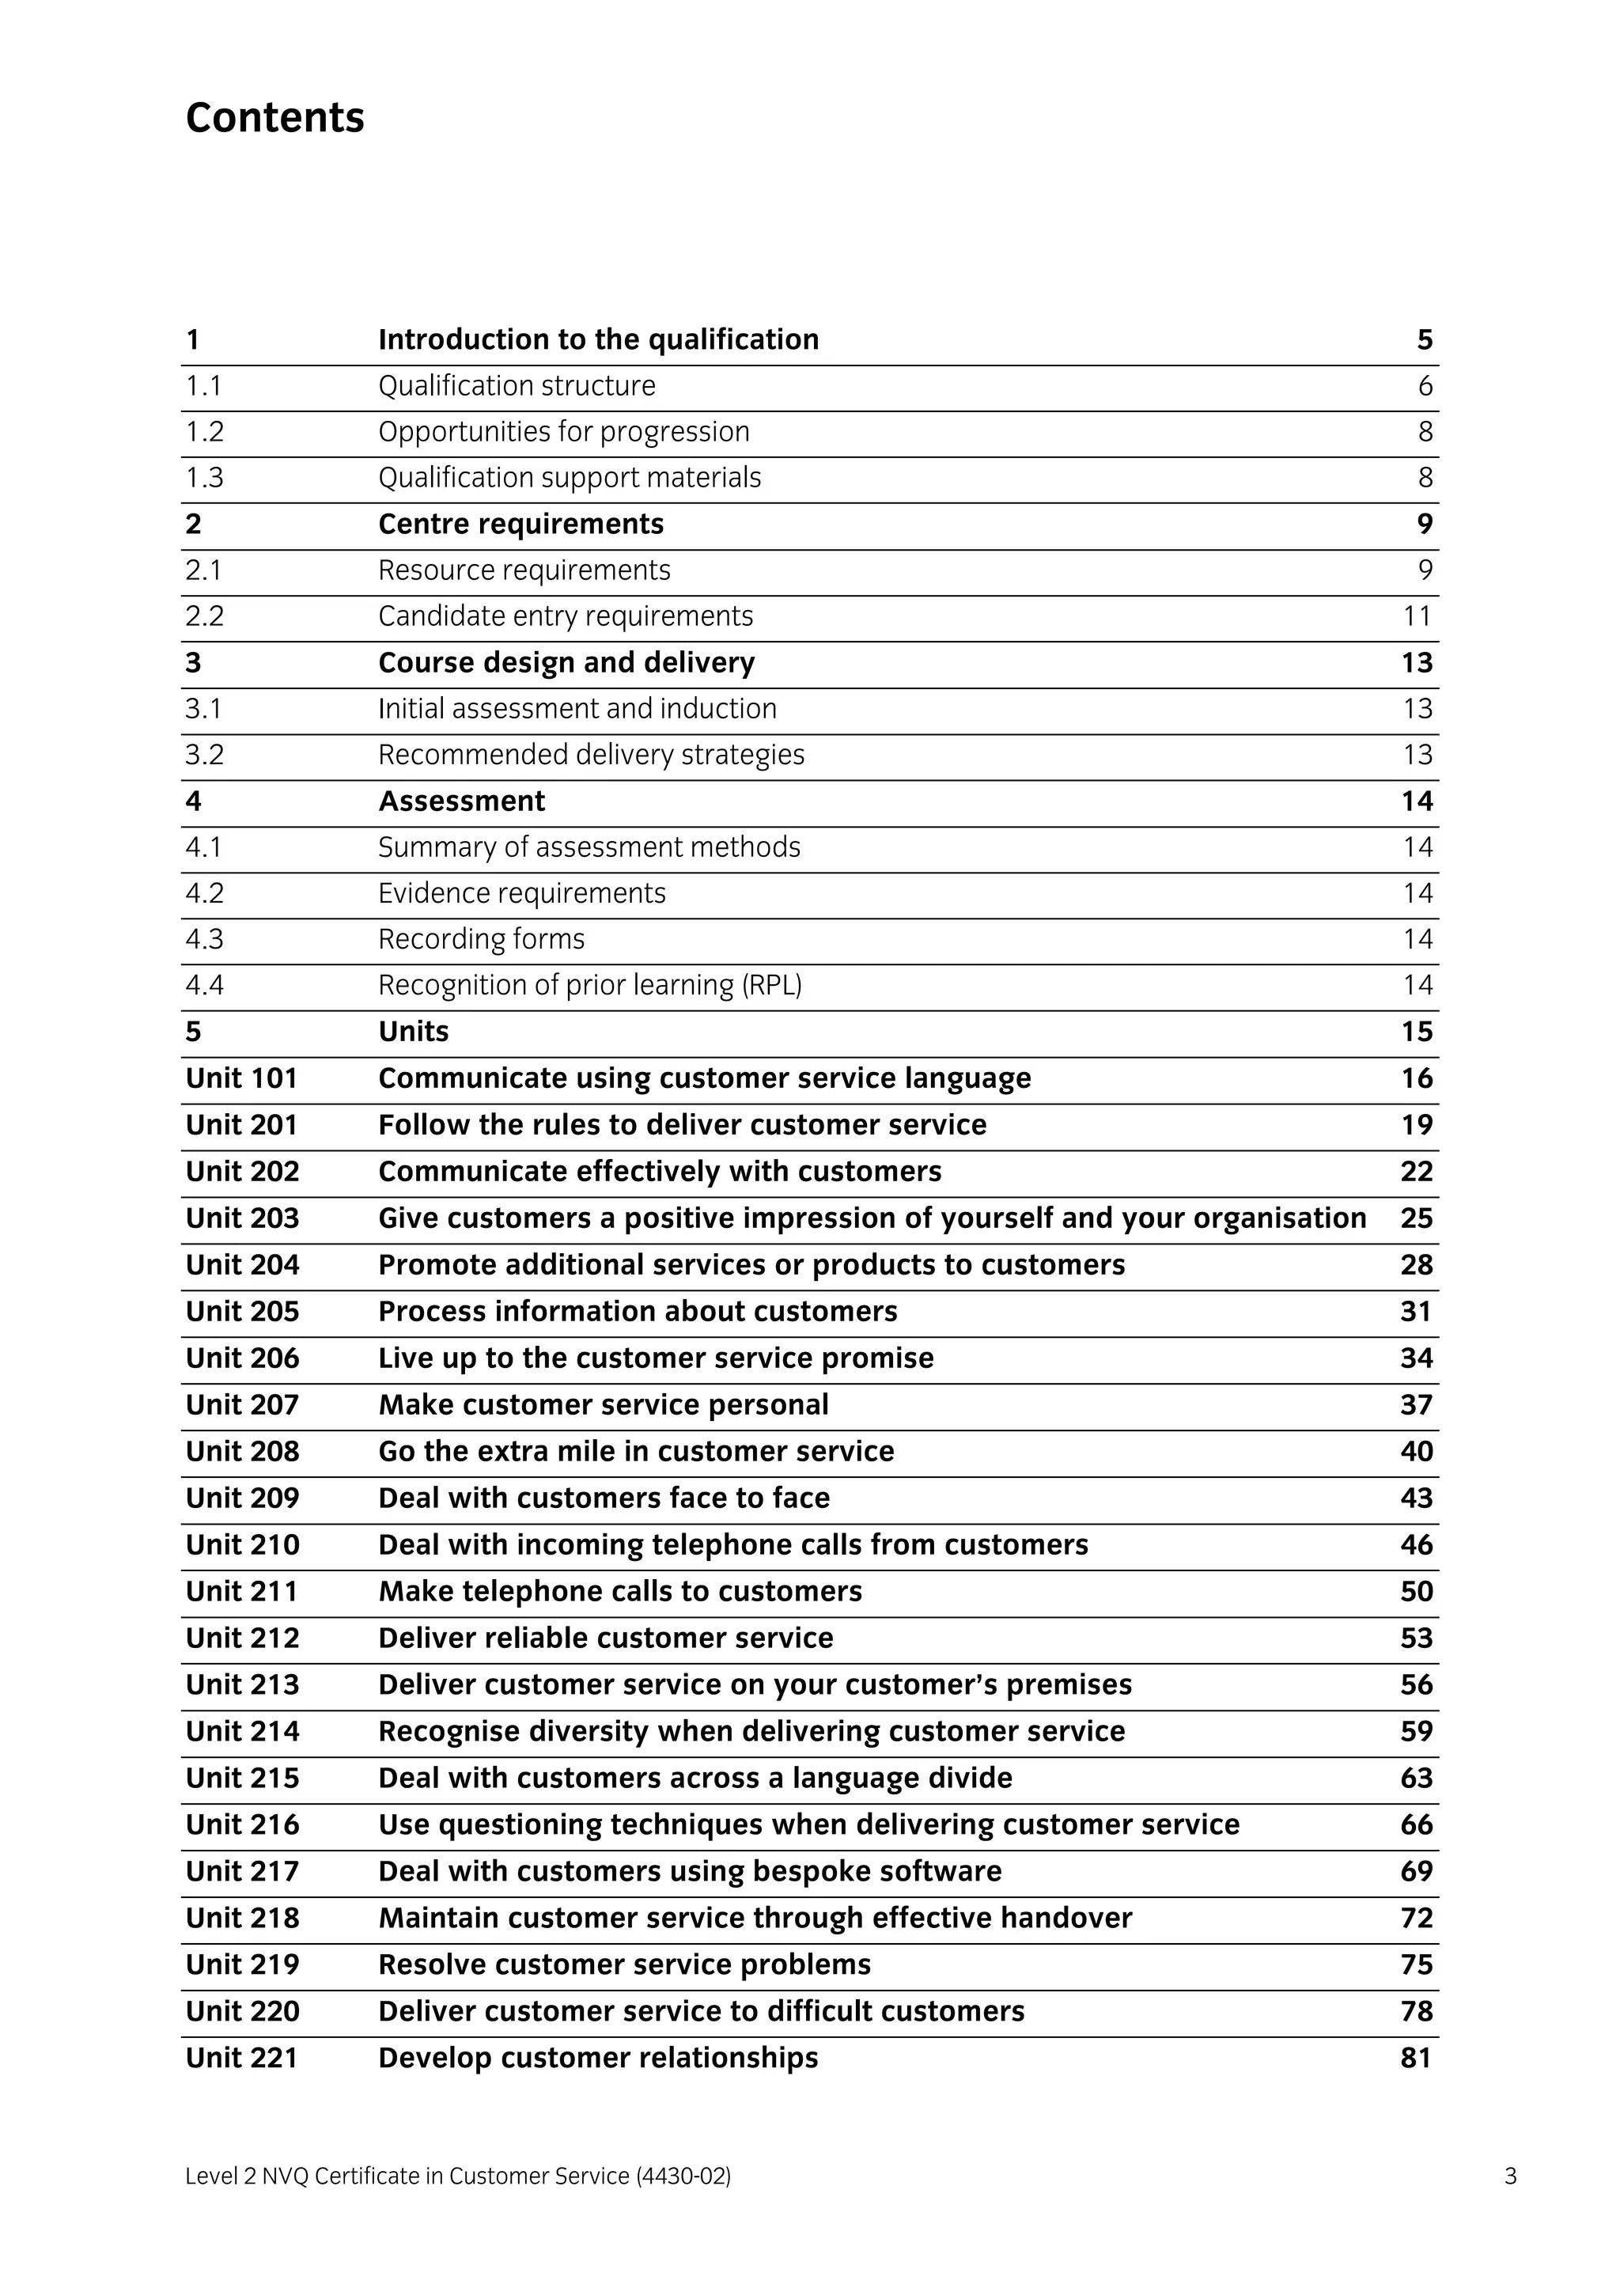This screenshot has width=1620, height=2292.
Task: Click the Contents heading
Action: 274,118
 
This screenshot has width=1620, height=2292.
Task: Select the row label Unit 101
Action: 241,1078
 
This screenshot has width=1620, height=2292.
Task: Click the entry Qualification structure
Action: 516,385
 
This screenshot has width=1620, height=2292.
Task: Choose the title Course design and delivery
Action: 566,663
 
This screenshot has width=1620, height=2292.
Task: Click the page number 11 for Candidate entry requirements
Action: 1417,616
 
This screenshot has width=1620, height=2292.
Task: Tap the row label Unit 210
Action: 241,1544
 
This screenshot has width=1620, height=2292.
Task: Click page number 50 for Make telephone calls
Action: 1415,1591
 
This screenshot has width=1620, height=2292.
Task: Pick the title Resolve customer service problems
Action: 624,1964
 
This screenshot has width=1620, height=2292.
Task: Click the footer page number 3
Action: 1510,2176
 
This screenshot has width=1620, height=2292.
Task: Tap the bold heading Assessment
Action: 461,801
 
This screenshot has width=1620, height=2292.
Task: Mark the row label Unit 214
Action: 241,1731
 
